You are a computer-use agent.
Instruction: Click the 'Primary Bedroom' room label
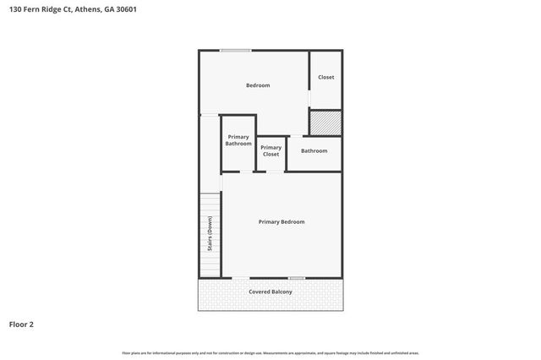click(x=281, y=221)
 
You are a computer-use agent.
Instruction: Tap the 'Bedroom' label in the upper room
click(x=258, y=85)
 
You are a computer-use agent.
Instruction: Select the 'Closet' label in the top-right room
click(x=325, y=78)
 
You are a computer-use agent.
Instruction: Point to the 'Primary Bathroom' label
click(x=238, y=140)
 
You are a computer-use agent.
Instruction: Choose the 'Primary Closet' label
click(x=270, y=150)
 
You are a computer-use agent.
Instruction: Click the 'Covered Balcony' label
click(x=270, y=292)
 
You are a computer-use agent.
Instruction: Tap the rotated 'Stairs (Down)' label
click(x=210, y=234)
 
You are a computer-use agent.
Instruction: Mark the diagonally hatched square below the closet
click(x=325, y=123)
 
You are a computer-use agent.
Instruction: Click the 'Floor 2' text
click(x=21, y=324)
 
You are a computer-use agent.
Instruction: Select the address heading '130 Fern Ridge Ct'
click(x=40, y=9)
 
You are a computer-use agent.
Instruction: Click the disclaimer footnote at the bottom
click(x=270, y=352)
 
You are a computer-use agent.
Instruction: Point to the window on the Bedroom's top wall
click(x=235, y=51)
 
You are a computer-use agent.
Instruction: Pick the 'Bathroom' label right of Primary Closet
click(x=314, y=150)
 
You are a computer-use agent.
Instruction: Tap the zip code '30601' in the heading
click(x=126, y=9)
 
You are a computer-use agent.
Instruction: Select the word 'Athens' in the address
click(x=89, y=9)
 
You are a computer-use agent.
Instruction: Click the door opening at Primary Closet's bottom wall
click(x=275, y=172)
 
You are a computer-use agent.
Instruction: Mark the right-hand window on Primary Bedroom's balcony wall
click(x=296, y=278)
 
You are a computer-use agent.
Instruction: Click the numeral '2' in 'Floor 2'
click(x=31, y=324)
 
